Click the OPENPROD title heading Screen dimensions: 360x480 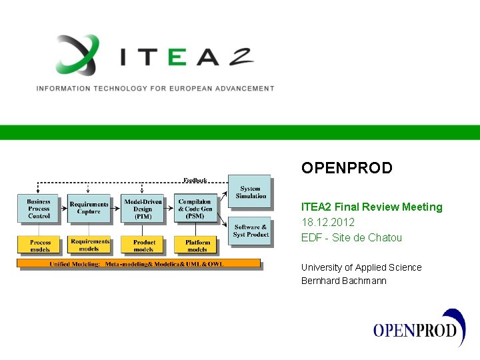coord(347,168)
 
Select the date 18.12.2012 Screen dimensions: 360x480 coord(328,222)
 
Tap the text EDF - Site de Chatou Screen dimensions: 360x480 coord(351,237)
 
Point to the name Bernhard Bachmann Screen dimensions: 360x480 coord(343,281)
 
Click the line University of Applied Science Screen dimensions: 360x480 coord(361,267)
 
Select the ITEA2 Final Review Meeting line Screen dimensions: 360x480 coord(371,207)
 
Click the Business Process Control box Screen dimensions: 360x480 coord(39,209)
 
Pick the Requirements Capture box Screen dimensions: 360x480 coord(89,209)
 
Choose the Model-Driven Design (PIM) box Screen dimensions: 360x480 coord(143,209)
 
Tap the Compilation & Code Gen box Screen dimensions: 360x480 coord(195,209)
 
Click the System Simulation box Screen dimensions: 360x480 coord(250,192)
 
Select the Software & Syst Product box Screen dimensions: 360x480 coord(250,231)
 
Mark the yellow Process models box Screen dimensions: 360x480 coord(39,245)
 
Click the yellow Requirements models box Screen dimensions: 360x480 coord(89,245)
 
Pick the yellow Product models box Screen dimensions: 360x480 coord(143,245)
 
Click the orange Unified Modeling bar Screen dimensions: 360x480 coord(139,264)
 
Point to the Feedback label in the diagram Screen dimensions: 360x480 coord(195,180)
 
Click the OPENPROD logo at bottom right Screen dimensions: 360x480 coord(419,329)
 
